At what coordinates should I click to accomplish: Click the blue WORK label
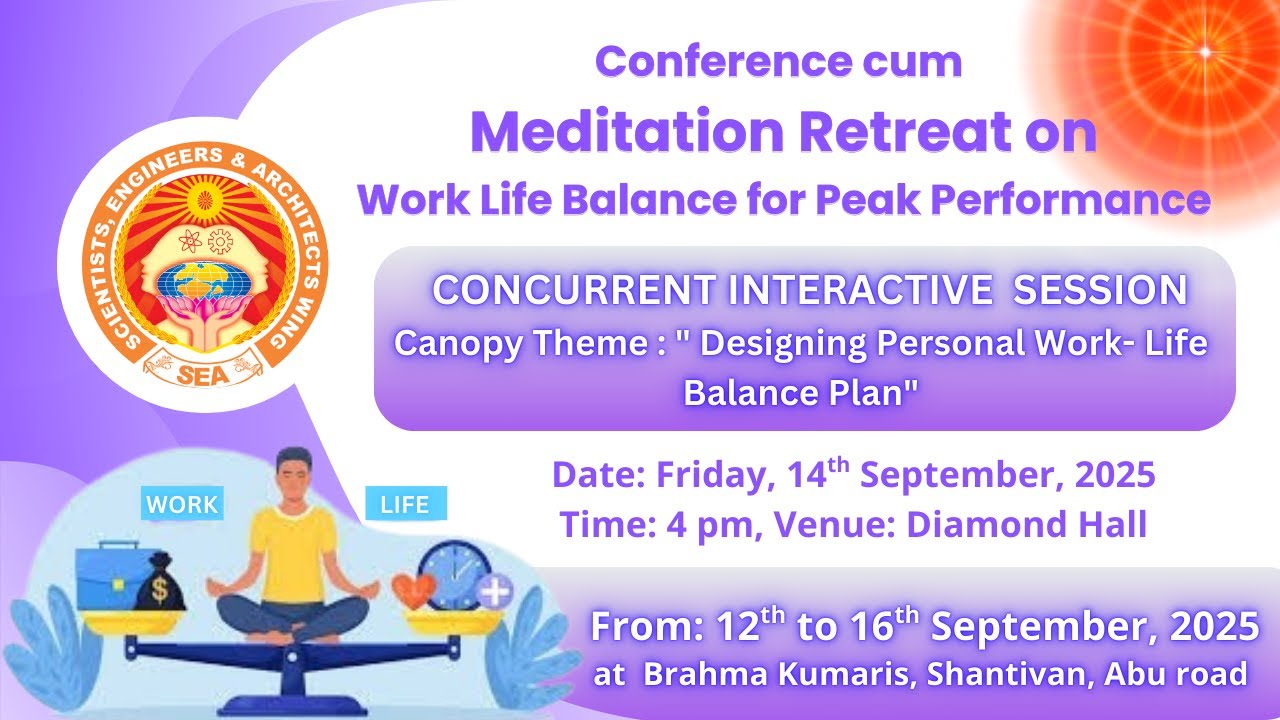click(x=182, y=504)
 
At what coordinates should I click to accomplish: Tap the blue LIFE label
click(x=405, y=504)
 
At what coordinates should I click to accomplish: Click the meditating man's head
click(x=293, y=472)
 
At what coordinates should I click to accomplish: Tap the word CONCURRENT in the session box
click(x=574, y=290)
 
